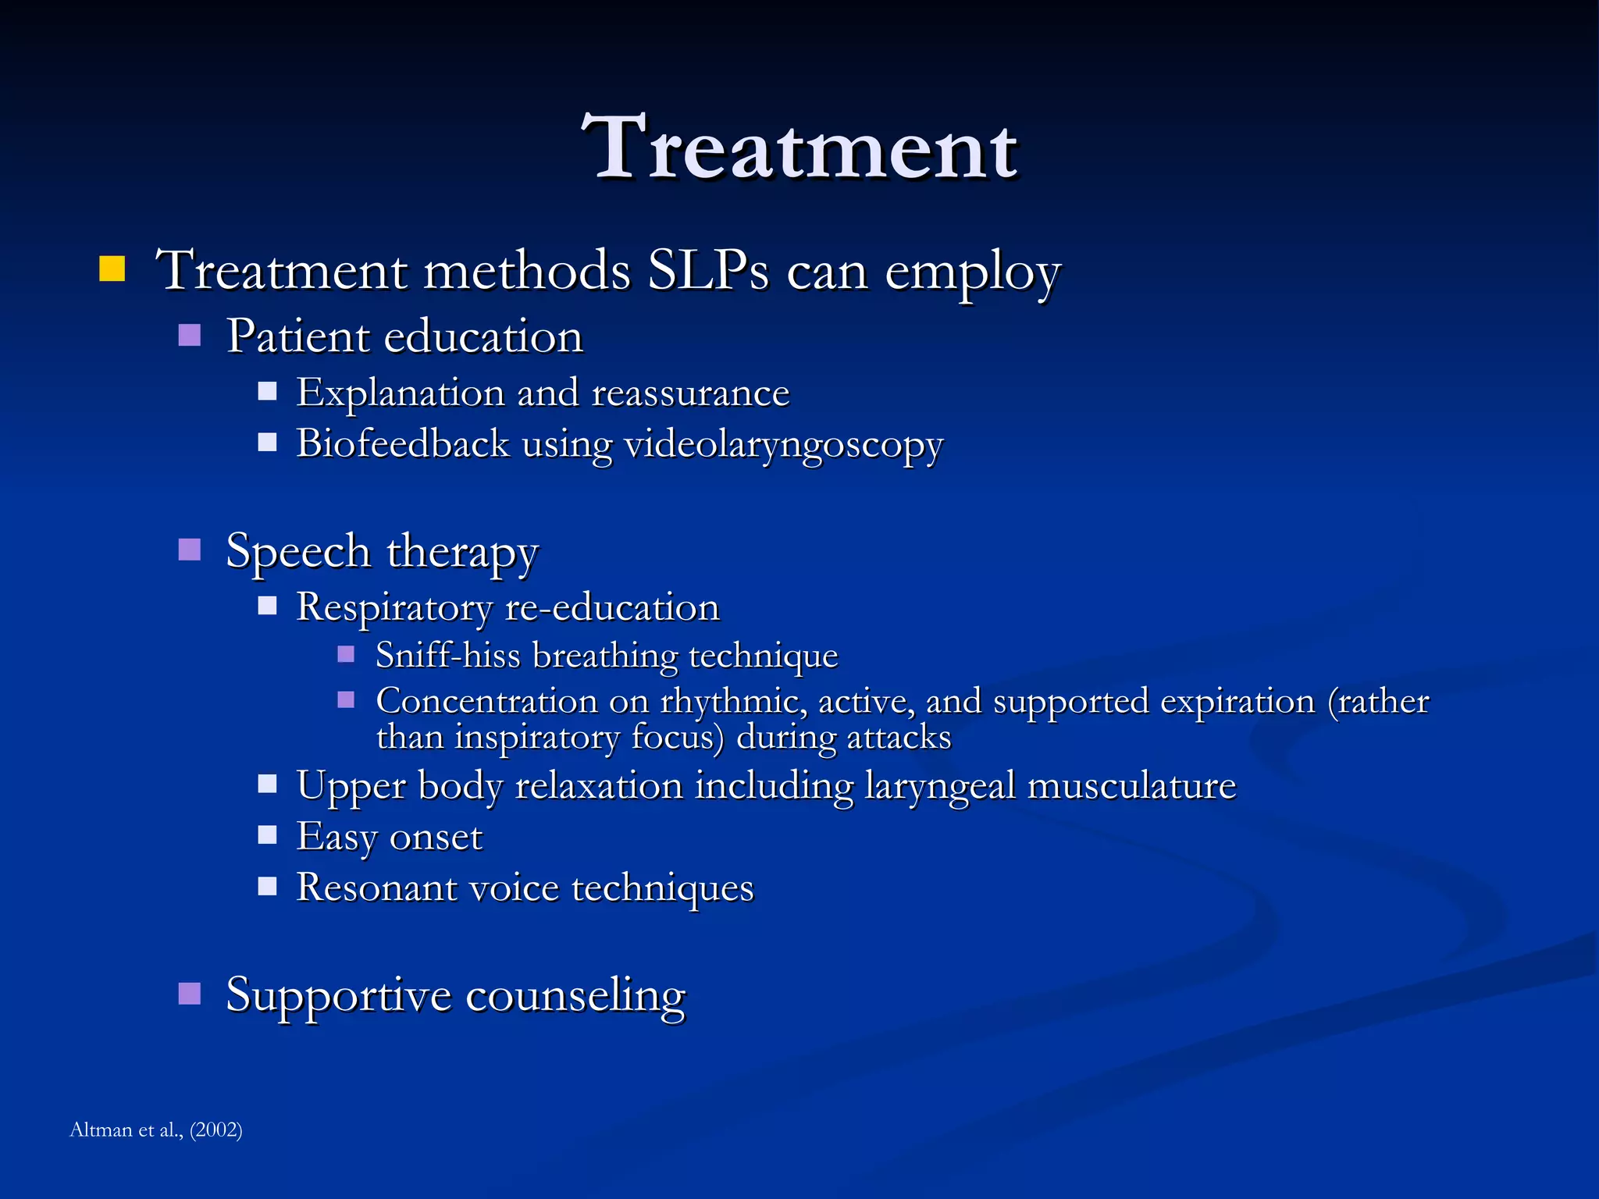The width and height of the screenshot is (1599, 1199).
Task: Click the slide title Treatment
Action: point(799,148)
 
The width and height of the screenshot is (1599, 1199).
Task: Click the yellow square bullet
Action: point(112,269)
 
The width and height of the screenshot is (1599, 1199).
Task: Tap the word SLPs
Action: point(708,272)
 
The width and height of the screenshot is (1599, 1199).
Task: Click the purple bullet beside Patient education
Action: point(190,335)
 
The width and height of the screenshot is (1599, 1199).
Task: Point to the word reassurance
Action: point(690,393)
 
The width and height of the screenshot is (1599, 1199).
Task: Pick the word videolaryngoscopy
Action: point(783,445)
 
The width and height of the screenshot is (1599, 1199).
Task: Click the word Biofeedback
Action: point(403,443)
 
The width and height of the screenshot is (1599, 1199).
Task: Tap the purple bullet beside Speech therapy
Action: point(190,550)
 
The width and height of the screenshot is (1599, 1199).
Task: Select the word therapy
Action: point(462,553)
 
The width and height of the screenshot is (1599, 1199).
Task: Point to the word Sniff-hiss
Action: point(447,655)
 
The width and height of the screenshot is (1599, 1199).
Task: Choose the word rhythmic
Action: point(732,701)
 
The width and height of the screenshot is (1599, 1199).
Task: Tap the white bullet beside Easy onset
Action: point(268,835)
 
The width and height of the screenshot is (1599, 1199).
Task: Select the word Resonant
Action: point(376,888)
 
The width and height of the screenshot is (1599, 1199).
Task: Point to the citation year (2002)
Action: point(215,1130)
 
